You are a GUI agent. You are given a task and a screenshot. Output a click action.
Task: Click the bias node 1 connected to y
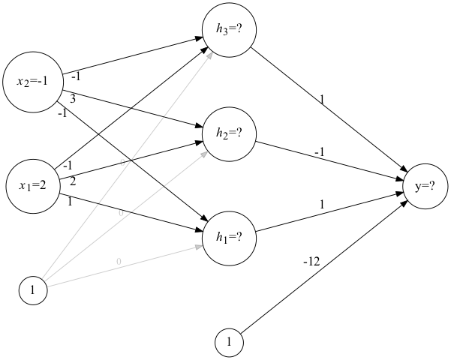230,343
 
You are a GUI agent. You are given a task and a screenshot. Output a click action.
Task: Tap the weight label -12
311,262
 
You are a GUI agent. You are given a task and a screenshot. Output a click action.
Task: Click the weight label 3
73,98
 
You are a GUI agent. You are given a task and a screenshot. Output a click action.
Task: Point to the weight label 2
73,181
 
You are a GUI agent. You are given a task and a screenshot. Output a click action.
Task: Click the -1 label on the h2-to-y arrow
319,152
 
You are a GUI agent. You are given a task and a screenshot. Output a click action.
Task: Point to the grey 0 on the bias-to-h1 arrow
118,261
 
